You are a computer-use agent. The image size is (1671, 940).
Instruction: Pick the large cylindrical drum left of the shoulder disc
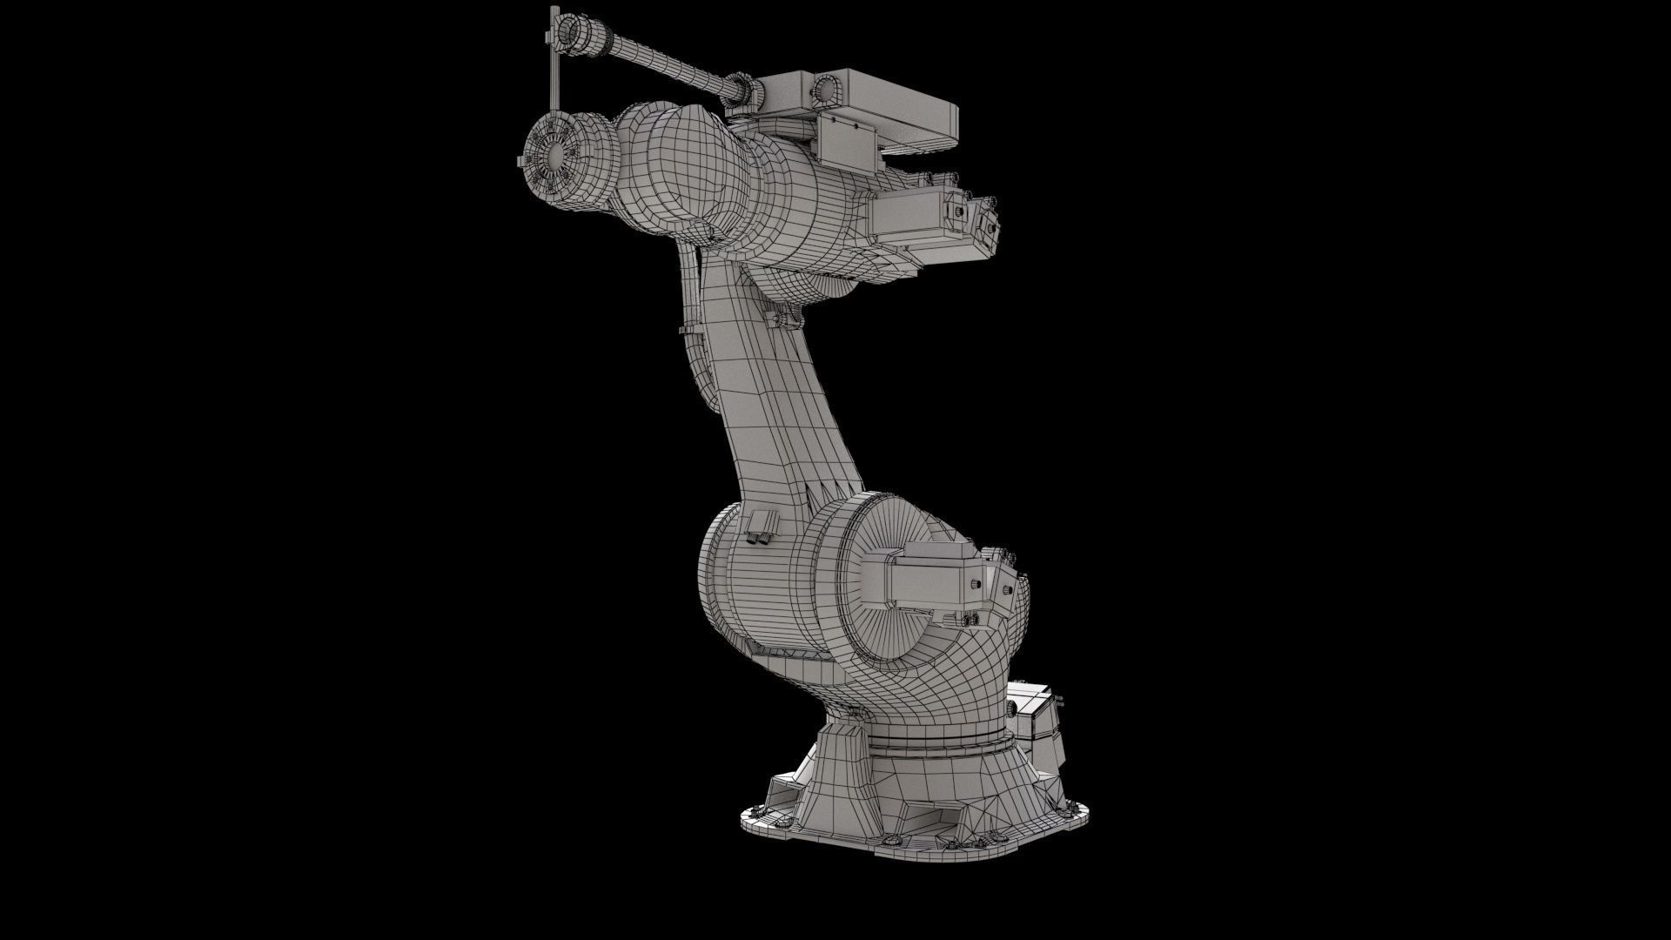click(766, 592)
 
